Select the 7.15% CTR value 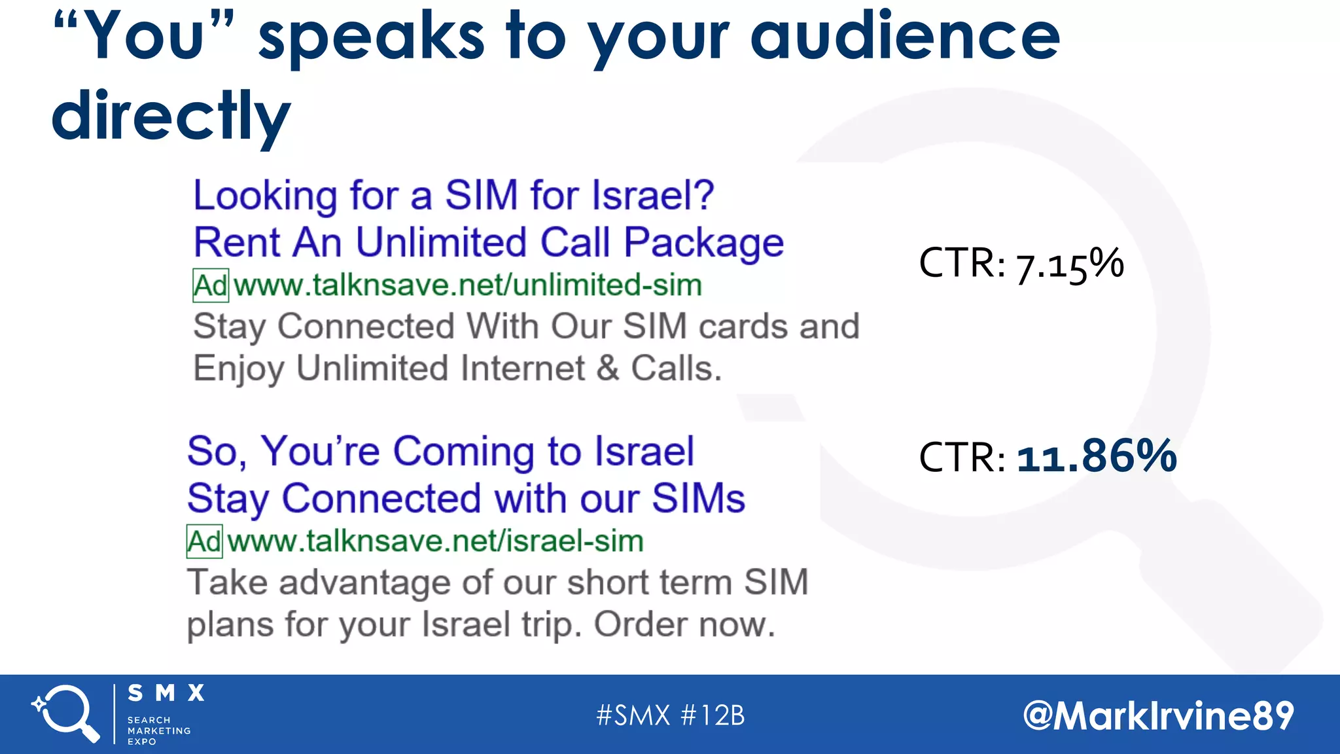click(1070, 264)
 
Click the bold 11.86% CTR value click(1097, 456)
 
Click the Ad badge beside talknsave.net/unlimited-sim click(211, 286)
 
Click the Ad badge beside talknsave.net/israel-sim click(204, 542)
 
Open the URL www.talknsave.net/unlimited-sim click(468, 285)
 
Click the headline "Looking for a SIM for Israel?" click(453, 195)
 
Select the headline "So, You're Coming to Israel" click(440, 452)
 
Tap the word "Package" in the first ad click(703, 243)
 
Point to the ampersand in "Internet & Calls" click(607, 368)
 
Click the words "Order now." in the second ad click(684, 624)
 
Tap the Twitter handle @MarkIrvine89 click(1158, 715)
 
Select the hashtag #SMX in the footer click(633, 715)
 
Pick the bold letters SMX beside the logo click(166, 693)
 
